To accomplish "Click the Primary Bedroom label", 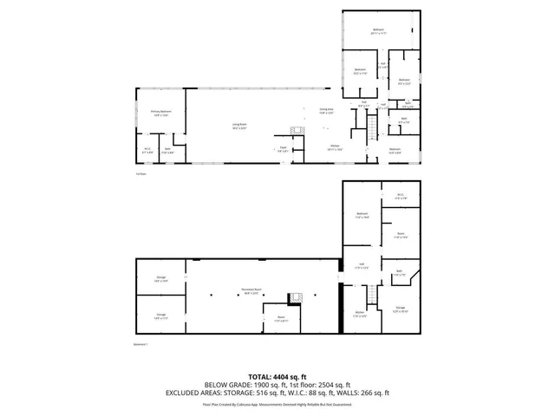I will pyautogui.click(x=160, y=113).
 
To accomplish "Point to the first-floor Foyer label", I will pyautogui.click(x=283, y=148).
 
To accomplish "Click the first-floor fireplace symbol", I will pyautogui.click(x=296, y=132).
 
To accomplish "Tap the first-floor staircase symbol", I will pyautogui.click(x=372, y=130).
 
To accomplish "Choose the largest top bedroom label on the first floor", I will pyautogui.click(x=378, y=31).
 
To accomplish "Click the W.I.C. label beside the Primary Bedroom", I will pyautogui.click(x=147, y=149).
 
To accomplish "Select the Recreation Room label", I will pyautogui.click(x=252, y=292).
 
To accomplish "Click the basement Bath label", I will pyautogui.click(x=399, y=273).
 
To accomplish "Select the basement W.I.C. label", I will pyautogui.click(x=401, y=196).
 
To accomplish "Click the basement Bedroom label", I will pyautogui.click(x=362, y=215).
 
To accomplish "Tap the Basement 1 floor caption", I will pyautogui.click(x=141, y=345).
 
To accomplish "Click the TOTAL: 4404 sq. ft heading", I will pyautogui.click(x=277, y=377).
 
